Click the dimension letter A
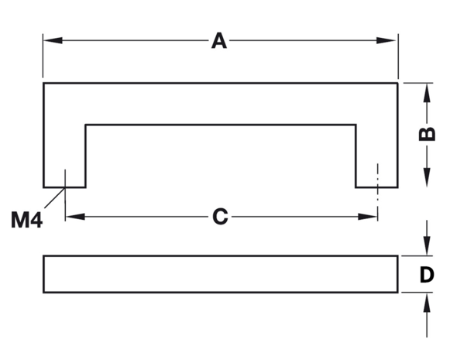click(219, 41)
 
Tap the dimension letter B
click(427, 134)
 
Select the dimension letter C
click(220, 216)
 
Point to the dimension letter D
click(427, 275)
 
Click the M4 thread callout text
click(26, 220)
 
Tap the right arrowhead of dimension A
click(386, 40)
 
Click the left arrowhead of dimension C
click(75, 217)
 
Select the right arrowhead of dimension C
click(368, 217)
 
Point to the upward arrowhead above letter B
click(427, 93)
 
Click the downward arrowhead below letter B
click(427, 177)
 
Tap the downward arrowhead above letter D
click(427, 245)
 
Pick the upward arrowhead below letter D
click(427, 303)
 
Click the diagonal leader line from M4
click(54, 197)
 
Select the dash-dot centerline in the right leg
click(378, 192)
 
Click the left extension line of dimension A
click(43, 56)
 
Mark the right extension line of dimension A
click(398, 56)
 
